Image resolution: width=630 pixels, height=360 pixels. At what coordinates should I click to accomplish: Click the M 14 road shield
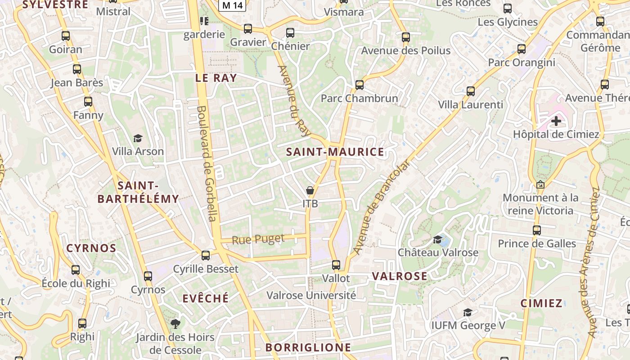click(x=232, y=5)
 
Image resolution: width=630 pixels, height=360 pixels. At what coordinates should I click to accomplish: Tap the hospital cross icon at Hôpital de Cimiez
click(x=556, y=121)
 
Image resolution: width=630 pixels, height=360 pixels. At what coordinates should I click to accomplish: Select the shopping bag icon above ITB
click(x=310, y=190)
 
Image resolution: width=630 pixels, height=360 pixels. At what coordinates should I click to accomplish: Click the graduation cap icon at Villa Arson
click(x=138, y=138)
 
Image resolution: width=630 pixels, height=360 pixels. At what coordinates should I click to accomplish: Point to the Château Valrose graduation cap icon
click(x=438, y=239)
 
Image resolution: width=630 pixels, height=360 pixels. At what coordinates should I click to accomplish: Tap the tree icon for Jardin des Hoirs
click(x=175, y=324)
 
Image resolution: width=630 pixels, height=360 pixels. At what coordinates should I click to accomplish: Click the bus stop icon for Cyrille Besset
click(x=206, y=256)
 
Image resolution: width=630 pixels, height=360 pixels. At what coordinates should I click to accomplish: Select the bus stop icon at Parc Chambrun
click(x=359, y=85)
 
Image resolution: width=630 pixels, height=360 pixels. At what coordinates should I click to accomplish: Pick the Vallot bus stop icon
click(x=336, y=265)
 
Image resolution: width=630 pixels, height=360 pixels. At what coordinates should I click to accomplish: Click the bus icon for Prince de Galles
click(x=536, y=230)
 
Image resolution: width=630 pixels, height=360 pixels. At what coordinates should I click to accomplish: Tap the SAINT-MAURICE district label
click(x=335, y=152)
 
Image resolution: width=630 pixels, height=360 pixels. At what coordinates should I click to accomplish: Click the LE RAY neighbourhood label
click(x=216, y=78)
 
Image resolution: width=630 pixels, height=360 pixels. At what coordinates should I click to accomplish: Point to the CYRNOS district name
click(x=91, y=248)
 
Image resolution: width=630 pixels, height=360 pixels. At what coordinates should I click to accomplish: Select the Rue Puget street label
click(x=258, y=239)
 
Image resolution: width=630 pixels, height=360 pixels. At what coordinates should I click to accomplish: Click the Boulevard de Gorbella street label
click(x=207, y=163)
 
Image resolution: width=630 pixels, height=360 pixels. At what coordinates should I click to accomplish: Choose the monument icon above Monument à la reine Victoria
click(x=540, y=184)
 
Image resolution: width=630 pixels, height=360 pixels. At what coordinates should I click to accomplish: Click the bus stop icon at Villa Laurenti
click(x=471, y=91)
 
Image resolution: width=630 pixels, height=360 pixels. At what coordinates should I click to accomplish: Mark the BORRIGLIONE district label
click(x=308, y=347)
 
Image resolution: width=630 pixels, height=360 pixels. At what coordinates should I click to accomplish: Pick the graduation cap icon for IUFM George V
click(x=468, y=312)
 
